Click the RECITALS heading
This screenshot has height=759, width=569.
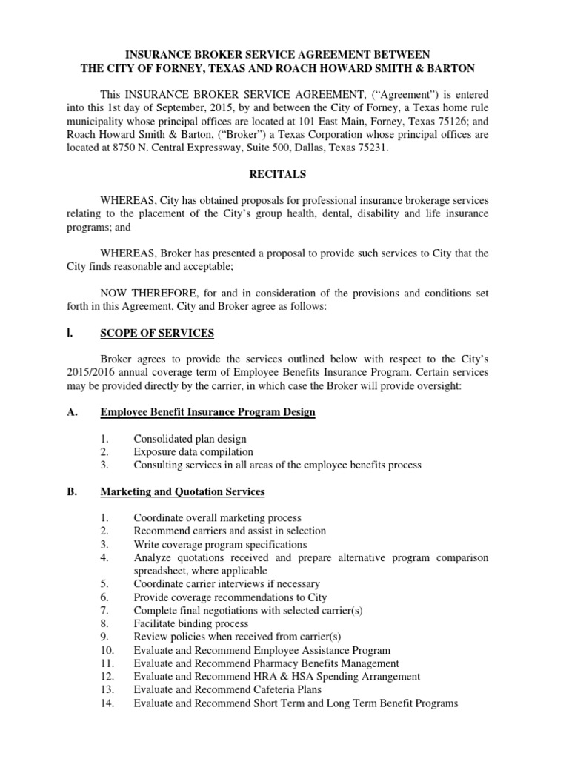click(x=284, y=174)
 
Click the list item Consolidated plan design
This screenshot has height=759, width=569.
click(x=190, y=439)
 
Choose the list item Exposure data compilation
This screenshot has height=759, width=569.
click(x=193, y=451)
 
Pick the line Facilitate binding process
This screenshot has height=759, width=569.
click(x=191, y=623)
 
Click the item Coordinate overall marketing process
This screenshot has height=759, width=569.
click(x=217, y=517)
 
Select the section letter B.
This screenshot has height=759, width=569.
click(x=84, y=491)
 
